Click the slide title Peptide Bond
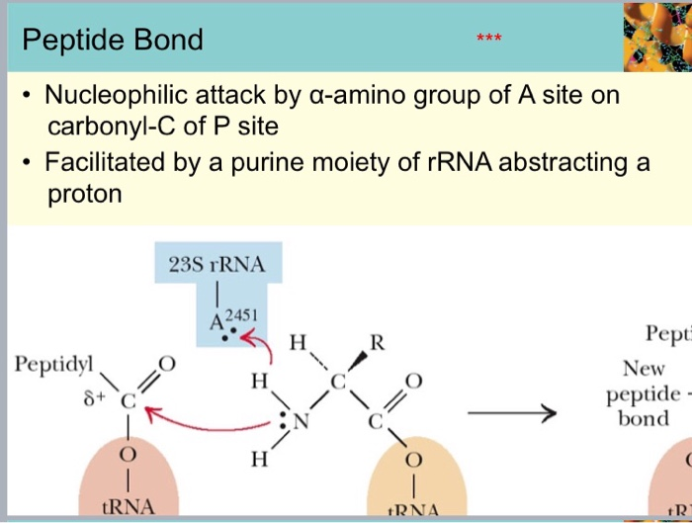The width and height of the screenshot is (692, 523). click(x=113, y=40)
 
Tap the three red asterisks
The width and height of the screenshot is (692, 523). click(x=487, y=39)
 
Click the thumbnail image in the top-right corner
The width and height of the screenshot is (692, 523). click(x=657, y=37)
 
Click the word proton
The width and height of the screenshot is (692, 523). click(x=85, y=194)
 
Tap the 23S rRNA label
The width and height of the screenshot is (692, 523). click(x=217, y=265)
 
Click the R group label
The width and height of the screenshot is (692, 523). click(x=376, y=344)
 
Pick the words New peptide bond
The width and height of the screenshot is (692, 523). click(x=645, y=393)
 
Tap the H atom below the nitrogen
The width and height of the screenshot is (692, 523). click(x=258, y=459)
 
